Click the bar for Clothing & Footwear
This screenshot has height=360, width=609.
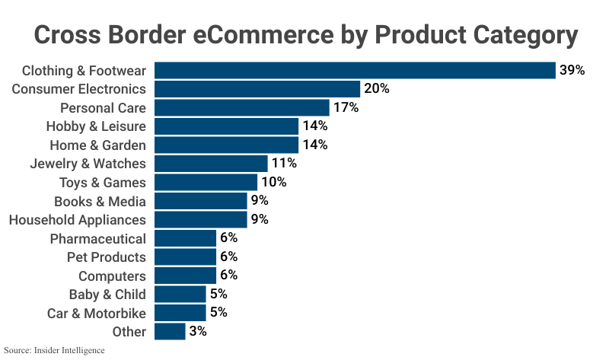355,71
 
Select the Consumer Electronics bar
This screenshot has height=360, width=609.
257,89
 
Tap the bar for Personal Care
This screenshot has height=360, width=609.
242,108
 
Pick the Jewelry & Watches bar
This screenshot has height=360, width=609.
211,164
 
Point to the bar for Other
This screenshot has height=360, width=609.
170,332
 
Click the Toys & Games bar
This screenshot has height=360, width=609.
206,183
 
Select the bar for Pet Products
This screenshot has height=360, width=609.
185,257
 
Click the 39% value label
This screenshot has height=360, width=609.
572,71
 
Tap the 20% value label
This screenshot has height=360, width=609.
377,89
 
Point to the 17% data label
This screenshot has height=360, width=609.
346,108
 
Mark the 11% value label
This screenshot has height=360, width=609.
284,164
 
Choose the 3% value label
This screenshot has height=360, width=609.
198,332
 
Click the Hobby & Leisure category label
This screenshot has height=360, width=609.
96,126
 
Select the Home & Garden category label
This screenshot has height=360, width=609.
97,145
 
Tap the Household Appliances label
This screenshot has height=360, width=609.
77,220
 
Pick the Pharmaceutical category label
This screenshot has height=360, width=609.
98,239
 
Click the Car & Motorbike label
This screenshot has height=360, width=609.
97,313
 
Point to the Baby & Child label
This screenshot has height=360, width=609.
107,295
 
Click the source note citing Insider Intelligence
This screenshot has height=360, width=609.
54,351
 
